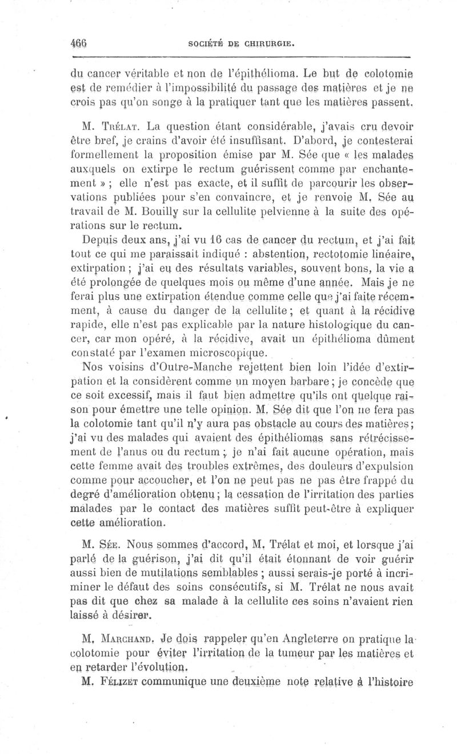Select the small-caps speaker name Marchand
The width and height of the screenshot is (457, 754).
click(125, 636)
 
